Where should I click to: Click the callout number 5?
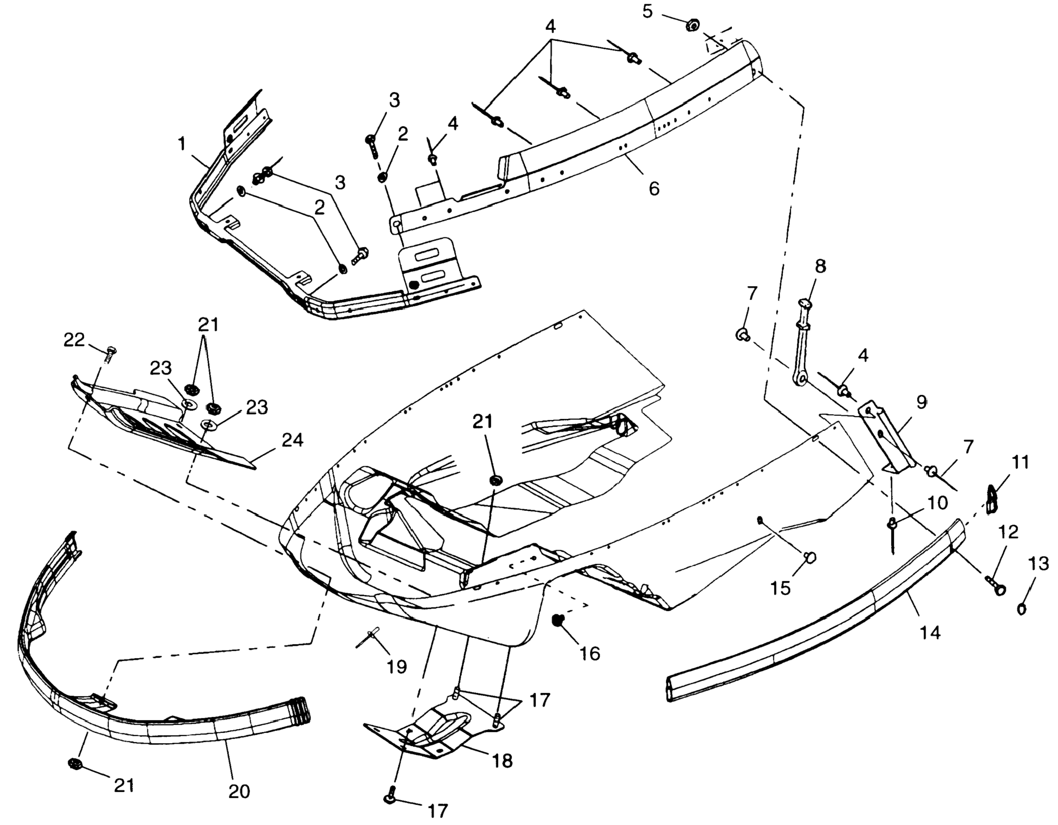click(648, 11)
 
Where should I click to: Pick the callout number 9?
click(921, 402)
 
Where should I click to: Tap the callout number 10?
click(937, 503)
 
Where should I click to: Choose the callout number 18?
click(502, 761)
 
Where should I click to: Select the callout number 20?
click(239, 791)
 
